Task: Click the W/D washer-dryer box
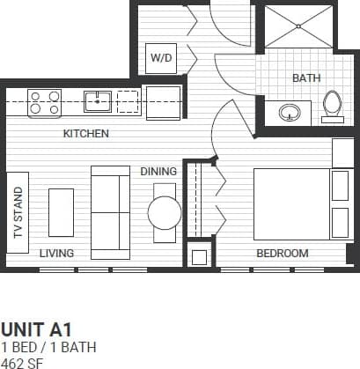162,58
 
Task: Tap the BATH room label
305,78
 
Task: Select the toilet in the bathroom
332,105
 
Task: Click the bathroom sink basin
290,112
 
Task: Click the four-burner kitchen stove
45,103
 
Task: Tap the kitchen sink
97,101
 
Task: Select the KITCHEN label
85,135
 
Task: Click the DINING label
158,172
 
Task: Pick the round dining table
164,212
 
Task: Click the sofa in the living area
110,209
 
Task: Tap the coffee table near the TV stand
61,211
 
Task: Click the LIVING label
56,254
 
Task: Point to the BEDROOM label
282,254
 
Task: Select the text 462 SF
21,361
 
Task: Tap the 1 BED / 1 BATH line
48,346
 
